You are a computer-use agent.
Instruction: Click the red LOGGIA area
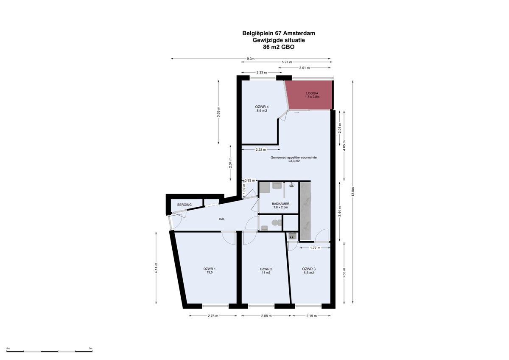click(309, 95)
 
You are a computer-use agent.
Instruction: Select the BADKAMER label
click(281, 204)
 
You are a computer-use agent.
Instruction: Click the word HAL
click(222, 219)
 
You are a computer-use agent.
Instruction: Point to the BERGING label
click(185, 205)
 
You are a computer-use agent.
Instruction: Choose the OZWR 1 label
click(210, 269)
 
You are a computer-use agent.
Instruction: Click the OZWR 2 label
click(266, 269)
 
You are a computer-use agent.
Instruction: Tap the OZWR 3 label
click(309, 269)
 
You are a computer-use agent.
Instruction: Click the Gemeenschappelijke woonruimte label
click(294, 157)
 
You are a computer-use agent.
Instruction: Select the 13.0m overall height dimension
click(352, 192)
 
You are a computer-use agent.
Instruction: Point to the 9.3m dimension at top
click(251, 59)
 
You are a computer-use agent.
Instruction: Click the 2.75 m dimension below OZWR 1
click(213, 316)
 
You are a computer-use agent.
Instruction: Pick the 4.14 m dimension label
click(156, 268)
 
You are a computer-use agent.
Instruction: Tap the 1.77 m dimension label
click(315, 248)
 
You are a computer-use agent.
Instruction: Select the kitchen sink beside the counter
click(292, 236)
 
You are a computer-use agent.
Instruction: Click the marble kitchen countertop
click(305, 211)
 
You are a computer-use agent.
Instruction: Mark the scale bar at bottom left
click(49, 352)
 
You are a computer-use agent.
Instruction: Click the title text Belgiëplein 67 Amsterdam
click(279, 33)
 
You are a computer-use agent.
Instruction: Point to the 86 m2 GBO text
click(279, 47)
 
